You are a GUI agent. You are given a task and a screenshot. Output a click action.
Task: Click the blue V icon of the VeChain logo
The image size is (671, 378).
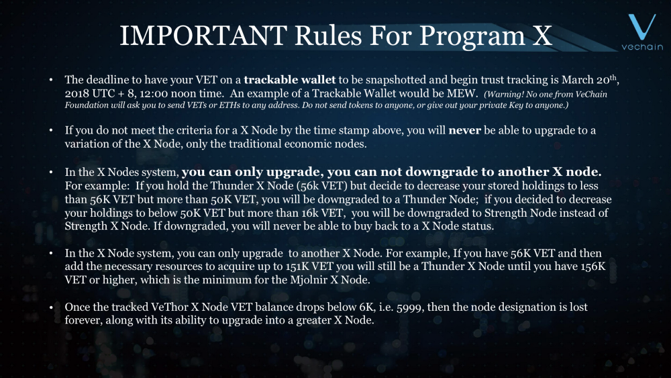click(x=641, y=27)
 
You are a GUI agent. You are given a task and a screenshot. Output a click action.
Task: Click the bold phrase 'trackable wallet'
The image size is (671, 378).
click(x=290, y=80)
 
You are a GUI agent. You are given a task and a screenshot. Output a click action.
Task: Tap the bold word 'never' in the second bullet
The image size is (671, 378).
click(x=465, y=130)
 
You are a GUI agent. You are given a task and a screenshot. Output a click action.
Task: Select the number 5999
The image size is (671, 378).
click(x=410, y=308)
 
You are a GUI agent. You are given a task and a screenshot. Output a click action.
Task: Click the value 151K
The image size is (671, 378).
click(x=297, y=267)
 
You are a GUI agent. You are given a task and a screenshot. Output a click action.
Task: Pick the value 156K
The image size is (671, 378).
click(x=593, y=267)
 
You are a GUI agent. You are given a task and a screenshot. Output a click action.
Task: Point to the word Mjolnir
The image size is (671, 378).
click(x=308, y=281)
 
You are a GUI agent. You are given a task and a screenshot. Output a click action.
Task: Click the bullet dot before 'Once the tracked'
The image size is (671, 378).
click(x=52, y=308)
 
